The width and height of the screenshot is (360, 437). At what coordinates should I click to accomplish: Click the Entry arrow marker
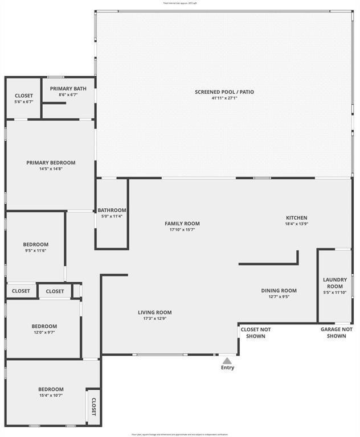point(227,360)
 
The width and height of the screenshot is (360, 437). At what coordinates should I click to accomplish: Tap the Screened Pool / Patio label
point(224,92)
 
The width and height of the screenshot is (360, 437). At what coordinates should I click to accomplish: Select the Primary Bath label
point(68,88)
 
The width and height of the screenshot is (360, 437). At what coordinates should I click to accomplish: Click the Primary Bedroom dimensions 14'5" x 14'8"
point(51,169)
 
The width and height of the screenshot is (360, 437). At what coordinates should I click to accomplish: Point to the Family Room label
point(182,224)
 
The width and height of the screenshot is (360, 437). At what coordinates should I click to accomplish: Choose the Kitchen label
point(296,217)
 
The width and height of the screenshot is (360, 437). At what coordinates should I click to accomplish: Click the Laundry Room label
point(334,283)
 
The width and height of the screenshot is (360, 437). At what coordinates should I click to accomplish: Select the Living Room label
point(154,312)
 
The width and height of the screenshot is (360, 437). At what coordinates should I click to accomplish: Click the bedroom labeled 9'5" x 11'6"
point(35,248)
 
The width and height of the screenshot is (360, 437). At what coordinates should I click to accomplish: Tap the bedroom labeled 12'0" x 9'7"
point(44,329)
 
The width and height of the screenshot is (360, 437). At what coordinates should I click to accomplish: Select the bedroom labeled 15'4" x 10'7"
point(51,392)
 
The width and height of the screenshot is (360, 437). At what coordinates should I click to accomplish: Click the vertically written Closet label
point(93,406)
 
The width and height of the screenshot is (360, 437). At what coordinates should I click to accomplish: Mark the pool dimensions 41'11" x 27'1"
point(224,98)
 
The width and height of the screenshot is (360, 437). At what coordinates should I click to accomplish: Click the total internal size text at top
point(180,3)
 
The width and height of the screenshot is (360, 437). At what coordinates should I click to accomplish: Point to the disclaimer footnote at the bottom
point(180,434)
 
